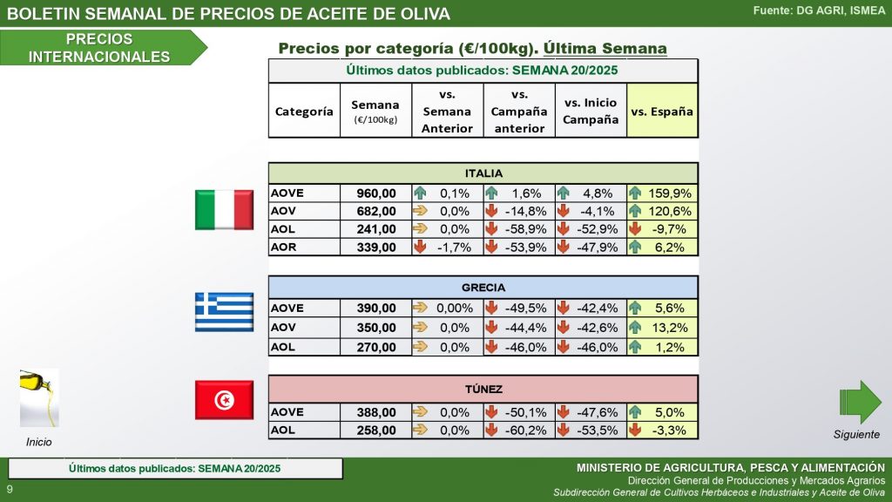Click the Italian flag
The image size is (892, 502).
tap(224, 209)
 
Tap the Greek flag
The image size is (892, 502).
tap(224, 312)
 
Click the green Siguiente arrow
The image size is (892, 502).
tap(860, 402)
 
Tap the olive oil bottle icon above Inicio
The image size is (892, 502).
tap(39, 397)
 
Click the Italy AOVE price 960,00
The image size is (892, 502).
tap(375, 193)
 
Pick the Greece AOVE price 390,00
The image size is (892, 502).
tap(375, 308)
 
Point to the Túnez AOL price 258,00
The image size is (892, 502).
tap(375, 430)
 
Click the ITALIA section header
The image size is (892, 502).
tap(483, 173)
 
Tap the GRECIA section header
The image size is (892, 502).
tap(483, 287)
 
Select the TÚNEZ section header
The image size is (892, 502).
tap(483, 390)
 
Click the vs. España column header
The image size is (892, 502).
tap(662, 112)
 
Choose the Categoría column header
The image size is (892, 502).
tap(304, 112)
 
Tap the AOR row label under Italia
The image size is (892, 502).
tap(284, 247)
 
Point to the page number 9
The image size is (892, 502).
tap(10, 490)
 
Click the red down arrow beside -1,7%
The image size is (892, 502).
tap(421, 247)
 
